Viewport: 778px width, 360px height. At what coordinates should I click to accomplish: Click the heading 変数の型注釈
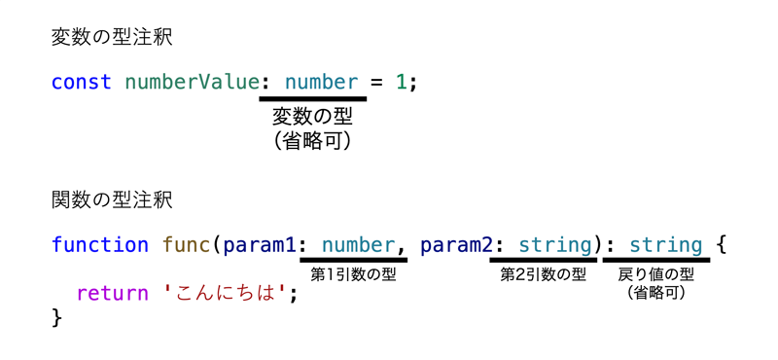click(x=112, y=38)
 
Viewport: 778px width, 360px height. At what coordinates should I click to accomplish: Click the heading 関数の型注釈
click(x=112, y=200)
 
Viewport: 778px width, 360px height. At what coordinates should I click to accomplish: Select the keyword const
click(x=82, y=82)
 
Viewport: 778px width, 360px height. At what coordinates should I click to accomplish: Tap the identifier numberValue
click(x=192, y=82)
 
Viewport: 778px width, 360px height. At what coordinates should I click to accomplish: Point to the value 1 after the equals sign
click(x=401, y=82)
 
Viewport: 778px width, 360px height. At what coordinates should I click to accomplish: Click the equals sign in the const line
click(x=377, y=83)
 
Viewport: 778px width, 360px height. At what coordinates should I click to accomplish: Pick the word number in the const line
click(x=321, y=82)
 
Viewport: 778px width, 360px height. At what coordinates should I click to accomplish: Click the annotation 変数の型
click(x=312, y=117)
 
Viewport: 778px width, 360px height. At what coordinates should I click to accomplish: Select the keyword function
click(x=100, y=245)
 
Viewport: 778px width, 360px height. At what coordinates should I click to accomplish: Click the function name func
click(x=187, y=245)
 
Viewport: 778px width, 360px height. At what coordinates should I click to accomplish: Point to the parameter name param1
click(x=260, y=246)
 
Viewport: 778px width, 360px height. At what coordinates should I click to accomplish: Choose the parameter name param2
click(x=456, y=246)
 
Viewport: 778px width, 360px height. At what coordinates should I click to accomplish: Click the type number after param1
click(x=358, y=245)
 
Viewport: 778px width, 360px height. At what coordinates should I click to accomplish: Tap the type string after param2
click(x=555, y=245)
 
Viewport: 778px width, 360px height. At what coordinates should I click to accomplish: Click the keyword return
click(x=113, y=294)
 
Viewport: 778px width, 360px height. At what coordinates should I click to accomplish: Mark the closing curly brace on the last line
click(x=57, y=317)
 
